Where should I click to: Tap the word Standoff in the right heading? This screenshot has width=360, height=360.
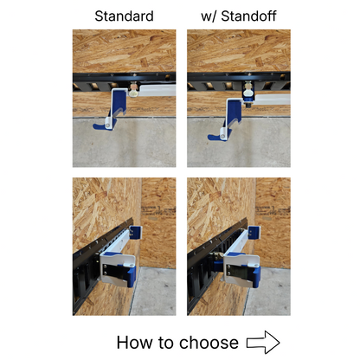(x=245, y=16)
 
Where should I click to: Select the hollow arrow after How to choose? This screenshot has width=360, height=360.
(x=263, y=342)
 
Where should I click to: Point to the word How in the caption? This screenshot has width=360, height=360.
(x=136, y=342)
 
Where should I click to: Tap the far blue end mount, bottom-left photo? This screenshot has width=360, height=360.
(x=135, y=231)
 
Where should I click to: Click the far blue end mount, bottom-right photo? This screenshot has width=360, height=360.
(x=254, y=232)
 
